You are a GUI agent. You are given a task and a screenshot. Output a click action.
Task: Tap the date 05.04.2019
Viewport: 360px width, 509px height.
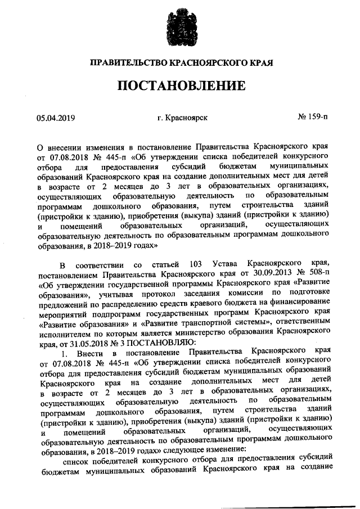pos(56,118)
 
